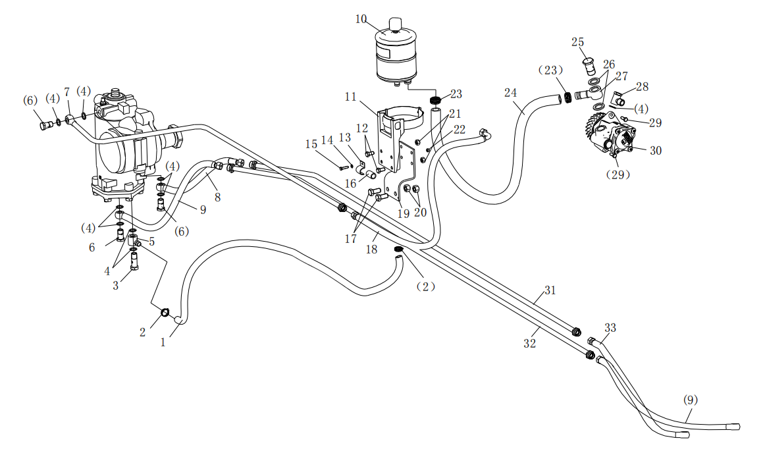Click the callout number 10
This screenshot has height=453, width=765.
tap(361, 18)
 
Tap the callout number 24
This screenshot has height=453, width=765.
tap(511, 93)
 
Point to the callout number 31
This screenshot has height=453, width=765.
tap(550, 290)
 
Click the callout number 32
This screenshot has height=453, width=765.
tap(529, 343)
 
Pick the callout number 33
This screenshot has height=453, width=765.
tap(610, 327)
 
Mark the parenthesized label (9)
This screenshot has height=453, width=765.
tap(690, 400)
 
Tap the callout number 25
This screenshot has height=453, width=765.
tap(577, 42)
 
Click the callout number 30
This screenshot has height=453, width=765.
tap(656, 150)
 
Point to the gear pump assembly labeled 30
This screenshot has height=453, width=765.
tap(611, 135)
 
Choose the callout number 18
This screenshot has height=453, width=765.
tap(372, 250)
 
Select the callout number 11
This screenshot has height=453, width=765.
tap(350, 96)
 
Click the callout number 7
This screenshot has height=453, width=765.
tap(66, 92)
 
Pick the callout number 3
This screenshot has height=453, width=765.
tap(116, 285)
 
